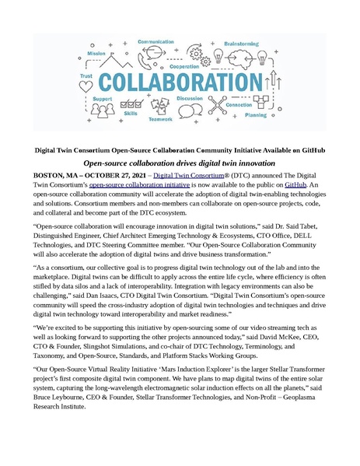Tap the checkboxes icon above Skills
131,103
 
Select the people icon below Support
101,112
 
